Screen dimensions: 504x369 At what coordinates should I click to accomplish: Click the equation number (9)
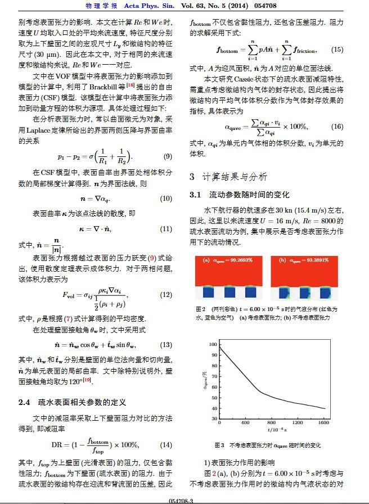[x=167, y=157]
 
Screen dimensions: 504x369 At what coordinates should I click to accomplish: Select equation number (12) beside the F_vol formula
[x=166, y=295]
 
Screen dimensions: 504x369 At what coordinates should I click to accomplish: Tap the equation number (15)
[x=337, y=49]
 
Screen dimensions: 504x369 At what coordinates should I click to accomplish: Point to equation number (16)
[x=337, y=127]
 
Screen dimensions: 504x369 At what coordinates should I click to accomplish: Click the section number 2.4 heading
[x=25, y=403]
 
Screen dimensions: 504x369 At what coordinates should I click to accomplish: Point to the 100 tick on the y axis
[x=213, y=344]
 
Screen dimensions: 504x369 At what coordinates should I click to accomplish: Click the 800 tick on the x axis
[x=271, y=422]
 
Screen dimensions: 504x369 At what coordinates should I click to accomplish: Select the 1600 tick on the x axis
[x=323, y=422]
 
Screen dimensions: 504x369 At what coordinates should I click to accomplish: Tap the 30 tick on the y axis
[x=214, y=418]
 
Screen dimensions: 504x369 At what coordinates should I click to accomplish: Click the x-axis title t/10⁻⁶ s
[x=276, y=430]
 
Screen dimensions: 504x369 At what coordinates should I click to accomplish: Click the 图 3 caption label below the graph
[x=219, y=445]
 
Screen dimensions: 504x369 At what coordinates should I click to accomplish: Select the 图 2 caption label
[x=200, y=309]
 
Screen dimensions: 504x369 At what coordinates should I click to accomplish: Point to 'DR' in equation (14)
[x=58, y=445]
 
